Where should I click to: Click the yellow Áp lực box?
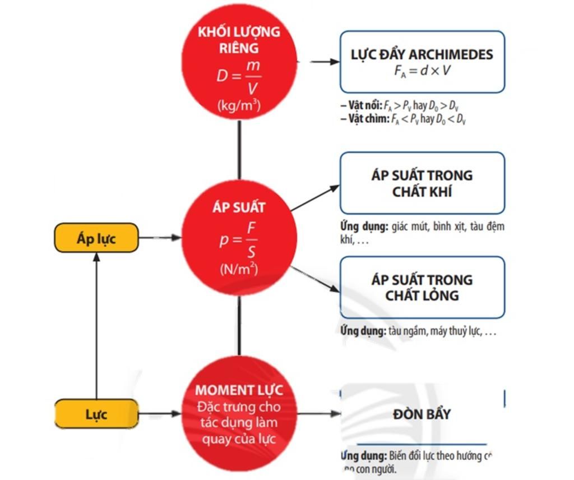click(x=96, y=238)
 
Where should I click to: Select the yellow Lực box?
click(x=96, y=414)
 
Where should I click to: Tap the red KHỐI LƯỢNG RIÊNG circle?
click(x=239, y=62)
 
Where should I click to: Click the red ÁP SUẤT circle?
click(x=239, y=238)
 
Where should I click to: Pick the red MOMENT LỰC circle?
click(x=239, y=414)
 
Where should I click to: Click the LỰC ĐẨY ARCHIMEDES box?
click(x=422, y=62)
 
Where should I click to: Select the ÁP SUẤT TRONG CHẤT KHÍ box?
click(x=422, y=183)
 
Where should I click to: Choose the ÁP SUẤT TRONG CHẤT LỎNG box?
click(x=422, y=287)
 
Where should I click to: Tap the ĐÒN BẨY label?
click(x=422, y=414)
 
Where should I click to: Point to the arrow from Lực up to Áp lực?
click(x=96, y=325)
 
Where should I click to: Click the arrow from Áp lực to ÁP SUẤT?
click(x=160, y=238)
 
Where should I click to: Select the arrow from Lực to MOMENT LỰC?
click(x=160, y=414)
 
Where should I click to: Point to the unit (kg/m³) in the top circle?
click(x=239, y=104)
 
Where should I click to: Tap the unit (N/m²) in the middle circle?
click(x=239, y=269)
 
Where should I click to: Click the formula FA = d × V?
click(x=423, y=71)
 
